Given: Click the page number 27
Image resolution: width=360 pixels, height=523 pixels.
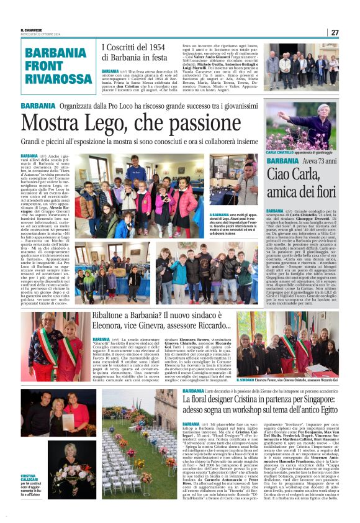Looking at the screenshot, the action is [x=335, y=32].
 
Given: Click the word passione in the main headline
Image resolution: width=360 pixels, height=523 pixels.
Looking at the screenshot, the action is [x=202, y=121].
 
